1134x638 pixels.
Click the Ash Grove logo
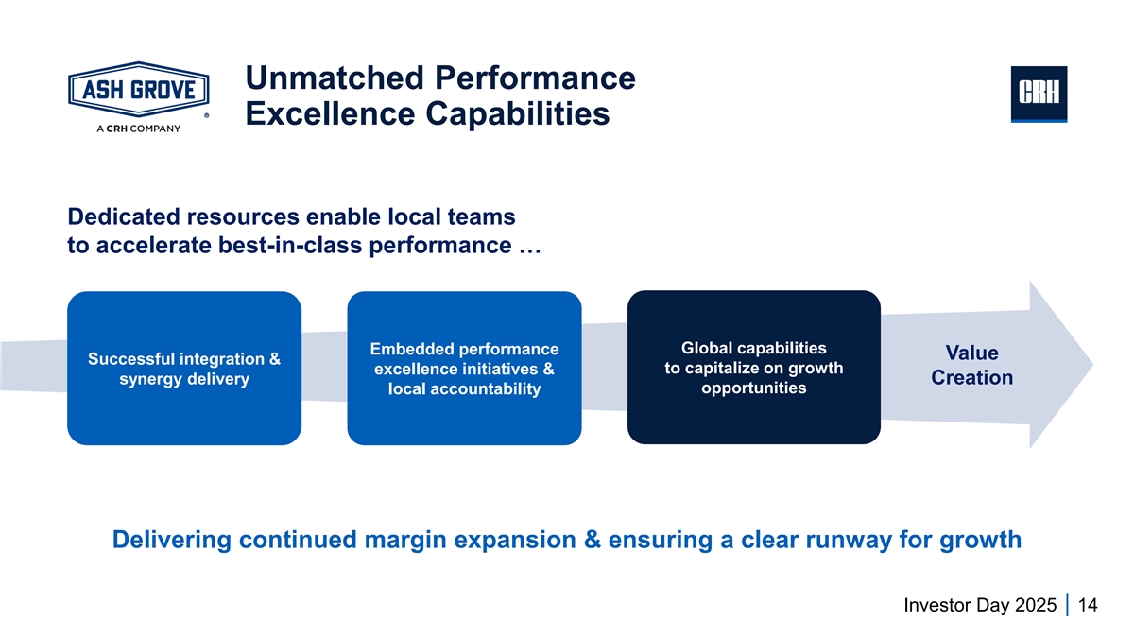coord(138,91)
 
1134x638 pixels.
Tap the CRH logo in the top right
coord(1039,94)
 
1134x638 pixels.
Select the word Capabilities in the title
coord(515,114)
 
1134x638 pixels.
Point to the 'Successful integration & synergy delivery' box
coord(184,368)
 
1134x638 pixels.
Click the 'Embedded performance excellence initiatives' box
coord(464,368)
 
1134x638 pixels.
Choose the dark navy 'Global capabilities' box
coord(754,367)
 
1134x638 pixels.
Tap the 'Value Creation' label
coord(971,366)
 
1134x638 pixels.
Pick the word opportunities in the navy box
coord(754,388)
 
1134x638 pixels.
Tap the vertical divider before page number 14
coord(1067,605)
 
